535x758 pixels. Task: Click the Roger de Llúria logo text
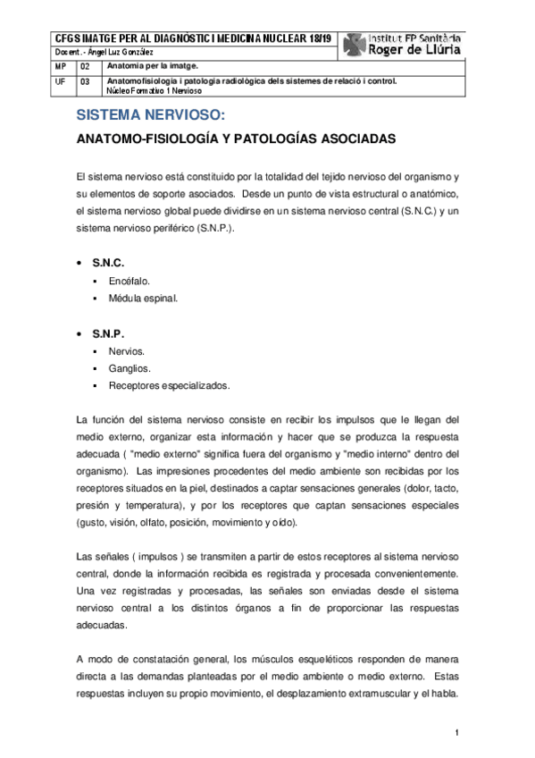click(x=415, y=50)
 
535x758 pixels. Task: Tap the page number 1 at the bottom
click(x=456, y=734)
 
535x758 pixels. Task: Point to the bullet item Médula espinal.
click(x=143, y=298)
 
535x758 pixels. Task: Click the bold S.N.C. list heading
click(x=108, y=263)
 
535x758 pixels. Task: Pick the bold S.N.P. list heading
click(x=108, y=333)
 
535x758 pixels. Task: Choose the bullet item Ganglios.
click(x=130, y=368)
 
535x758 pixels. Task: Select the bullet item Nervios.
click(x=127, y=351)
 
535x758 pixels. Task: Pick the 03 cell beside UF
click(x=85, y=81)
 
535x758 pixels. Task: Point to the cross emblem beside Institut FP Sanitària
click(x=355, y=44)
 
